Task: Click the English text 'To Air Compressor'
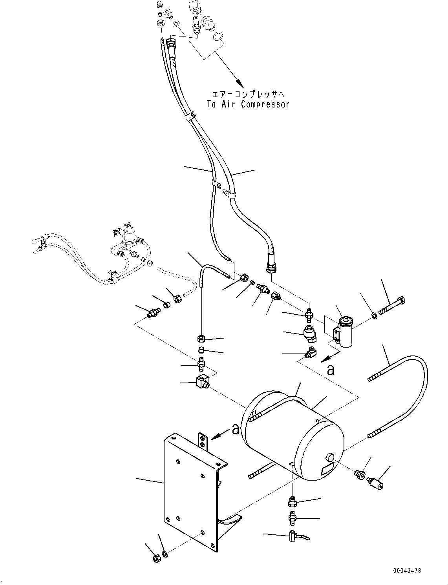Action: click(x=248, y=104)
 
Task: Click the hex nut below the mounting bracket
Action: click(x=155, y=558)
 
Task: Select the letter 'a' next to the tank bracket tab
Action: click(x=235, y=430)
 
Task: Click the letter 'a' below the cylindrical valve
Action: click(x=331, y=370)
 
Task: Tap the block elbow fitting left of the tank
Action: click(x=202, y=381)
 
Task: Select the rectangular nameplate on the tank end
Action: click(x=327, y=469)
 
